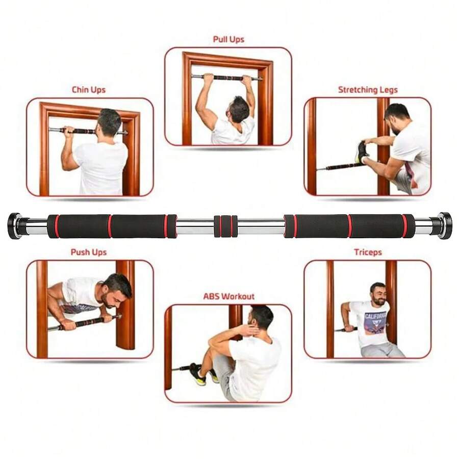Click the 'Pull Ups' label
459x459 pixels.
pos(228,39)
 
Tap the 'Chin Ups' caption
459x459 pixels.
pos(88,90)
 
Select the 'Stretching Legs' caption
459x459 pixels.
pos(367,90)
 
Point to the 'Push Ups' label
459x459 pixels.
pos(88,252)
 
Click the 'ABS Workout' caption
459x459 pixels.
pos(228,296)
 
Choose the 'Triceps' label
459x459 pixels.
pos(368,252)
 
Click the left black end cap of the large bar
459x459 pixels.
pos(14,225)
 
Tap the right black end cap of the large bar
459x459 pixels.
pos(445,225)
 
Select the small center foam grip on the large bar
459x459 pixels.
pos(225,226)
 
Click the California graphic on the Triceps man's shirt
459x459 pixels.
pos(375,322)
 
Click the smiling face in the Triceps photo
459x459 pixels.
pos(378,294)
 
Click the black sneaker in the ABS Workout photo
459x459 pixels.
pos(197,373)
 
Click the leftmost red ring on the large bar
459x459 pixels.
pos(57,226)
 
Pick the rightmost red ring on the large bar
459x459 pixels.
pos(404,226)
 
